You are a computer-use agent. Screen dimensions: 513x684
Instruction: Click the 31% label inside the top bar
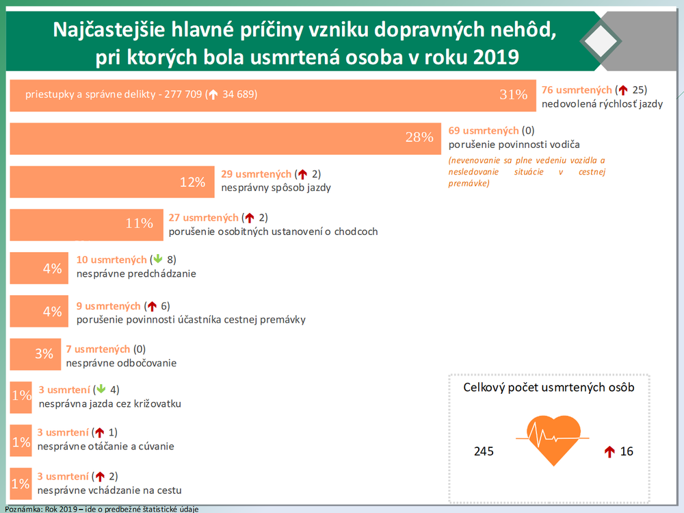point(514,95)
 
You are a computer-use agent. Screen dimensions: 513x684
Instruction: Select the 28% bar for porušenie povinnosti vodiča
point(226,138)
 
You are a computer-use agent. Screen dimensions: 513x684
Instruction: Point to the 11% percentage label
point(140,223)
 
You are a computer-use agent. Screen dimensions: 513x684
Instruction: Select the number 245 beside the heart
point(484,452)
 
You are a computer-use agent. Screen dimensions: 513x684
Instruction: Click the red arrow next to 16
point(610,452)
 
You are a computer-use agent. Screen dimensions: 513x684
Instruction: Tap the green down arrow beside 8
point(157,260)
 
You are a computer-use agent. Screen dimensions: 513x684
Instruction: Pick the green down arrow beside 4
point(100,390)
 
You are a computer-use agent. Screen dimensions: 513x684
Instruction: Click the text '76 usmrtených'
point(576,90)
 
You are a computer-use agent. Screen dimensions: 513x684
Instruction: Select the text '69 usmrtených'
point(483,130)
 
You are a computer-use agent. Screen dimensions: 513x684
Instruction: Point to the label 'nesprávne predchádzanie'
point(136,274)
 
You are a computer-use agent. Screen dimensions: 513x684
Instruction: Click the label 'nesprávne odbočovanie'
point(120,363)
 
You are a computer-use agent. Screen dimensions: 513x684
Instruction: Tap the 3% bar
point(34,353)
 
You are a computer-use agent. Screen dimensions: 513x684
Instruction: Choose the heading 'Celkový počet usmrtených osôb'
point(549,388)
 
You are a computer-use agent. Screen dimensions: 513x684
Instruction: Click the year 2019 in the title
point(495,57)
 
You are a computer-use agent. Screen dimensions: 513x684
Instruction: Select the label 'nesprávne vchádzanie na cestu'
point(109,490)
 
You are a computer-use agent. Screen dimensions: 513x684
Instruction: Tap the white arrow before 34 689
point(213,95)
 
